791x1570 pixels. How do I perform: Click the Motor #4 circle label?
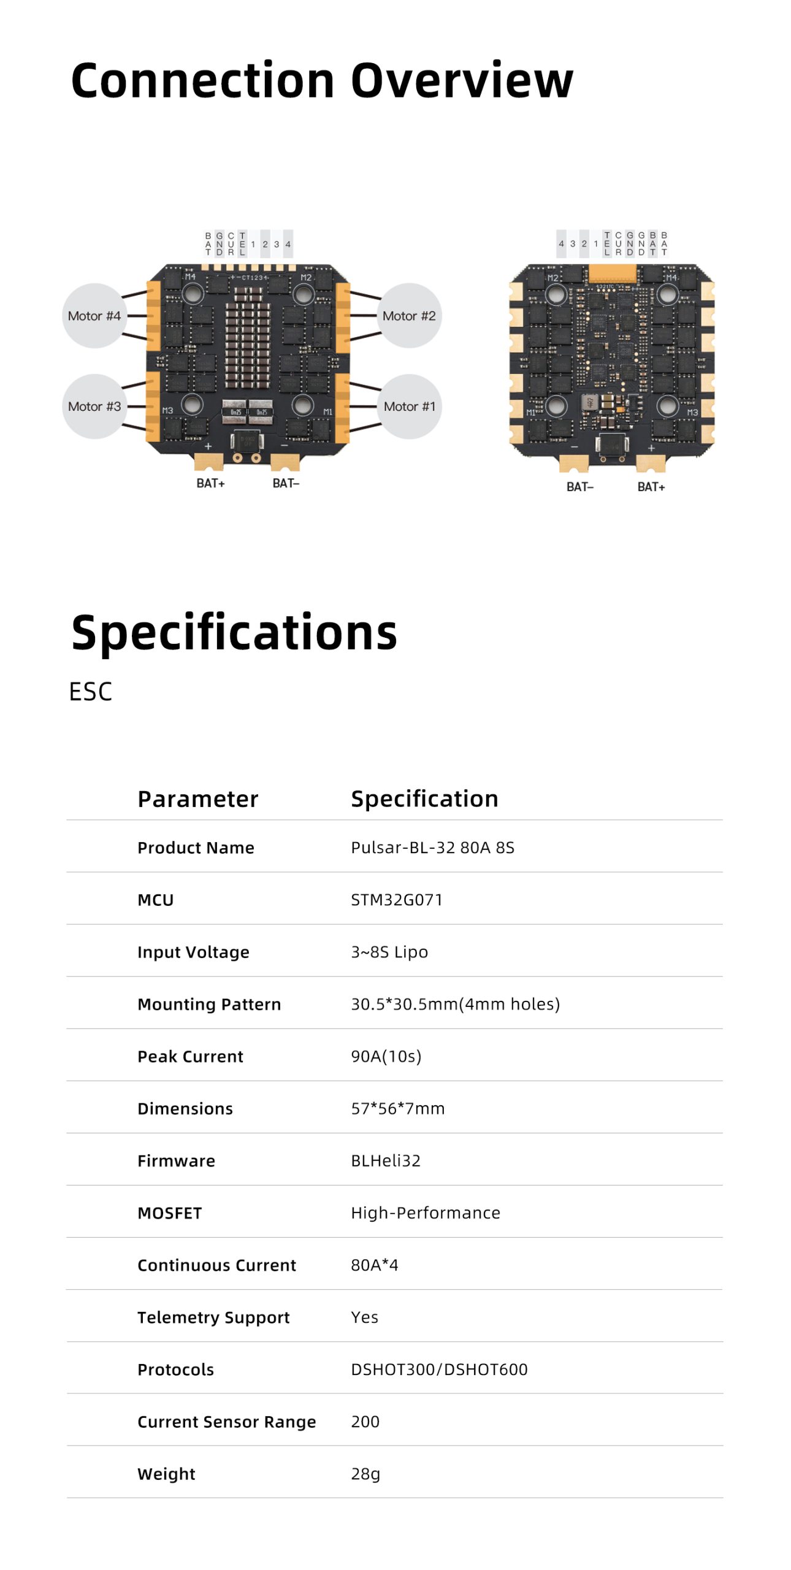click(94, 316)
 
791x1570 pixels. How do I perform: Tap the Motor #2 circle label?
click(409, 316)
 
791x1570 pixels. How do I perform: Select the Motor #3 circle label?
click(94, 406)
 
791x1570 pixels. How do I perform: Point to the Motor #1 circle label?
click(409, 406)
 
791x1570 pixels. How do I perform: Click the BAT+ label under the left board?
click(211, 483)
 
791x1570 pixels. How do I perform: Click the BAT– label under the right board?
click(580, 487)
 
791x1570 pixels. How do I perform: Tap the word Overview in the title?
click(462, 80)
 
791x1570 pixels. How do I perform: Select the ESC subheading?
click(91, 692)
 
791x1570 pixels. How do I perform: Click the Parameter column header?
click(198, 799)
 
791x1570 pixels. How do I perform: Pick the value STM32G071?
click(397, 900)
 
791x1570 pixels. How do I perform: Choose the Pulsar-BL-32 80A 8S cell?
click(433, 848)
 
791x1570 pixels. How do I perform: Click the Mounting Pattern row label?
click(209, 1004)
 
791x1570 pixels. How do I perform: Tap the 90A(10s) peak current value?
click(386, 1056)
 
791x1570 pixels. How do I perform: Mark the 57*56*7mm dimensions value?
click(398, 1108)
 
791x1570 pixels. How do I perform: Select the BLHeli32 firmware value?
click(386, 1160)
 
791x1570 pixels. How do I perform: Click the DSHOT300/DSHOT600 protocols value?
click(439, 1369)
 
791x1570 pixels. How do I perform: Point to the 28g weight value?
click(365, 1474)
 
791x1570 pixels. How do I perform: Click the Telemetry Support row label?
click(213, 1317)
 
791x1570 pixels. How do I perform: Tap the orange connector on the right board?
click(612, 274)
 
